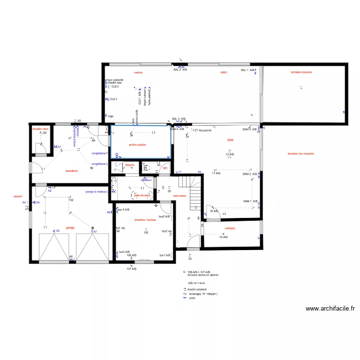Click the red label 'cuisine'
[138, 72]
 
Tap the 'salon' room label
[224, 72]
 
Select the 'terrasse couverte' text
[301, 72]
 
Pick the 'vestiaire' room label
[229, 228]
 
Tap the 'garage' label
[70, 228]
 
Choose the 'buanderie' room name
[72, 170]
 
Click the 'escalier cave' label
[40, 129]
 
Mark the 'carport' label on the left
[18, 196]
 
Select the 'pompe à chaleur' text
[96, 192]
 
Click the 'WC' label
[165, 168]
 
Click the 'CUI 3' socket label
[113, 99]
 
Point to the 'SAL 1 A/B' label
[248, 70]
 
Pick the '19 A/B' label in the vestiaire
[223, 238]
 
